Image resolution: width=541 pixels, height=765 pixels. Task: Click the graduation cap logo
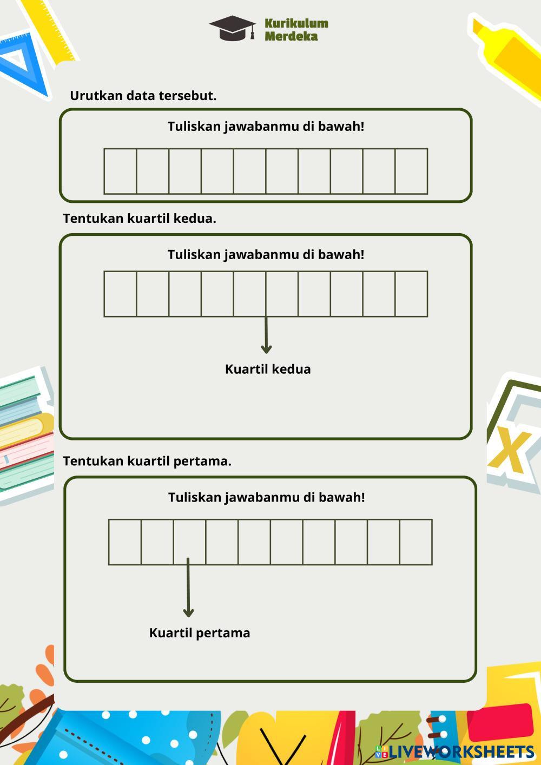coord(232,28)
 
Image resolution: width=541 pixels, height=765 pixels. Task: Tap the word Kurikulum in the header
coord(296,23)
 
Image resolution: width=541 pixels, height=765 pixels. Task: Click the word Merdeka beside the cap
coord(291,37)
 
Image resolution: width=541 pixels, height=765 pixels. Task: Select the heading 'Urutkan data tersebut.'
coord(143,96)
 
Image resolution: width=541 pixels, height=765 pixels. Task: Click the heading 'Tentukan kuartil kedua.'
coord(140,219)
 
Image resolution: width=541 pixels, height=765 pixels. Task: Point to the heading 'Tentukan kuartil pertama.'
coord(147,461)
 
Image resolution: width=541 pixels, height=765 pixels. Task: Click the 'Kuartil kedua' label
coord(268,370)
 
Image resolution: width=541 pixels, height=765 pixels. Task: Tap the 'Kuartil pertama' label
coord(200,633)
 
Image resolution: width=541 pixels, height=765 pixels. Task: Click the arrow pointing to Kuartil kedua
coord(266,335)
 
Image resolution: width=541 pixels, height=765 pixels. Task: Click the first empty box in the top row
coord(120,171)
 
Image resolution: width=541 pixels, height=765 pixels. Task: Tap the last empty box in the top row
coord(411,171)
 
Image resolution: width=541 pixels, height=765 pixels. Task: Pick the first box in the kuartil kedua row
coord(120,294)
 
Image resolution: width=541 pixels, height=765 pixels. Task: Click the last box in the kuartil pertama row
coord(416,542)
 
